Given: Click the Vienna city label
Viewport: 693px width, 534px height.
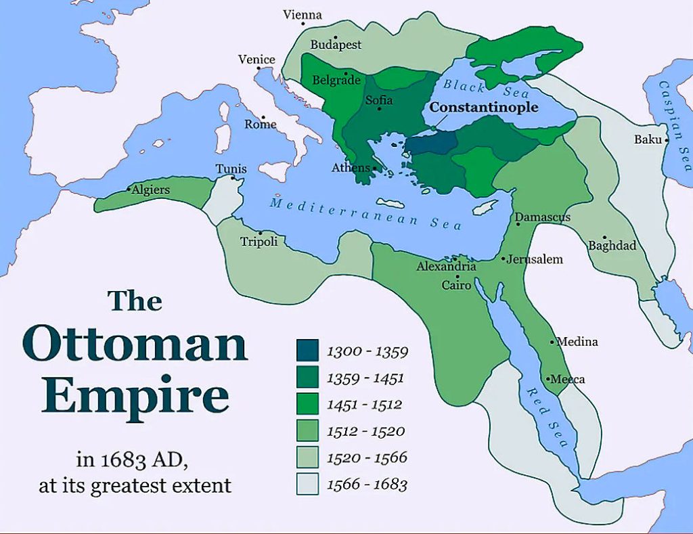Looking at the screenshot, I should pyautogui.click(x=303, y=15).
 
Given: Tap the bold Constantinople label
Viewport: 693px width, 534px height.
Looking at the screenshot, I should pyautogui.click(x=484, y=108).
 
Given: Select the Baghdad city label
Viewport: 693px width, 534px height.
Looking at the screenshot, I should pyautogui.click(x=612, y=246).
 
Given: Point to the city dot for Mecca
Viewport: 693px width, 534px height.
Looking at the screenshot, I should pyautogui.click(x=547, y=378).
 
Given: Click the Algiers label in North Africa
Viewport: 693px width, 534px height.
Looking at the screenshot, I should pyautogui.click(x=151, y=190).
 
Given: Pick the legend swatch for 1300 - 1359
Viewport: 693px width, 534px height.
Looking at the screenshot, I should pyautogui.click(x=308, y=351).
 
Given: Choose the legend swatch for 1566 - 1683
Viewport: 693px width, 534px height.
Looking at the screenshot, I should pyautogui.click(x=308, y=483).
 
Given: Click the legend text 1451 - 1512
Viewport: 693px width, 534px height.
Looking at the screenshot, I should pyautogui.click(x=364, y=405).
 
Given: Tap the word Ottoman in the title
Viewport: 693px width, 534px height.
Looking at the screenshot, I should pyautogui.click(x=138, y=344).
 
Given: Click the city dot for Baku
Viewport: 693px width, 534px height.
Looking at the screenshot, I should pyautogui.click(x=667, y=140).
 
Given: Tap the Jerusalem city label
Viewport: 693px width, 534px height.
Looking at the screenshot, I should pyautogui.click(x=535, y=259).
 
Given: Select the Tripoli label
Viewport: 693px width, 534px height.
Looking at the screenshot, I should pyautogui.click(x=259, y=242).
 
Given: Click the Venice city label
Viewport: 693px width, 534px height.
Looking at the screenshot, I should pyautogui.click(x=256, y=60).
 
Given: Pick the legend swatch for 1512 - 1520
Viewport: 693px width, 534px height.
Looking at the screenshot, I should pyautogui.click(x=308, y=430).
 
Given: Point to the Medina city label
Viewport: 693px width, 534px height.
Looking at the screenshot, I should pyautogui.click(x=577, y=342).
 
